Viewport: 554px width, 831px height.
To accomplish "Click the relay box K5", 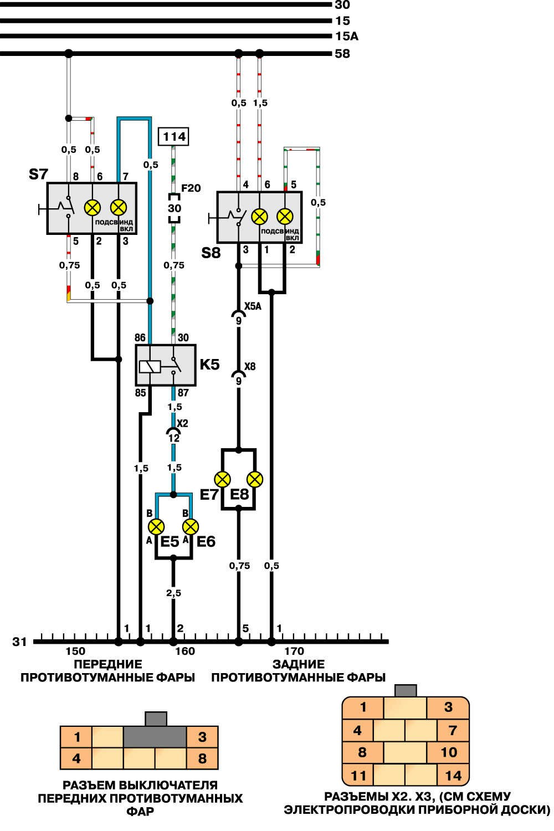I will click(166, 365).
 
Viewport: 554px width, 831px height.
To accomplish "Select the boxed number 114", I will click(174, 136).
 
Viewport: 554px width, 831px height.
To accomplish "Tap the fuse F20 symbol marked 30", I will click(174, 209).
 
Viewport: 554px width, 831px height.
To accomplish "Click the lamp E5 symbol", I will click(157, 526).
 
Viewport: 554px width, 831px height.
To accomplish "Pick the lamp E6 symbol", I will click(191, 526).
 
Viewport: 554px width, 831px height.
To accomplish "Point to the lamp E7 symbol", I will click(223, 479).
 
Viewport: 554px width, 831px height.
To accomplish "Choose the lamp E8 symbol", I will click(255, 479).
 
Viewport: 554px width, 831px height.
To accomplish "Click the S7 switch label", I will click(38, 175).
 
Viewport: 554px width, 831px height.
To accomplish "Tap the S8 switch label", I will click(211, 254).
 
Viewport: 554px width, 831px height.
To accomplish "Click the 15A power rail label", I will click(346, 37).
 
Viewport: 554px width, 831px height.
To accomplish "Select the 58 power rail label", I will click(342, 54).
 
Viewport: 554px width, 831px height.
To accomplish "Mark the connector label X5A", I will click(253, 306).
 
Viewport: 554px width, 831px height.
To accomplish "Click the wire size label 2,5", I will click(173, 593).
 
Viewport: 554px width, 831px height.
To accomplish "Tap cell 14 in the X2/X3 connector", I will click(453, 776).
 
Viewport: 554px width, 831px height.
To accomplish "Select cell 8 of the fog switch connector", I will click(202, 758).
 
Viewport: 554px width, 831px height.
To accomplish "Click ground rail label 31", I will click(20, 642).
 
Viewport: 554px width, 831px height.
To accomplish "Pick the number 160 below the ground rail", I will click(185, 652).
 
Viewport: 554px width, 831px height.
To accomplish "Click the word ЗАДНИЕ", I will click(299, 664).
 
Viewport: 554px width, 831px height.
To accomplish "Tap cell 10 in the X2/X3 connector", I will click(449, 752).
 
